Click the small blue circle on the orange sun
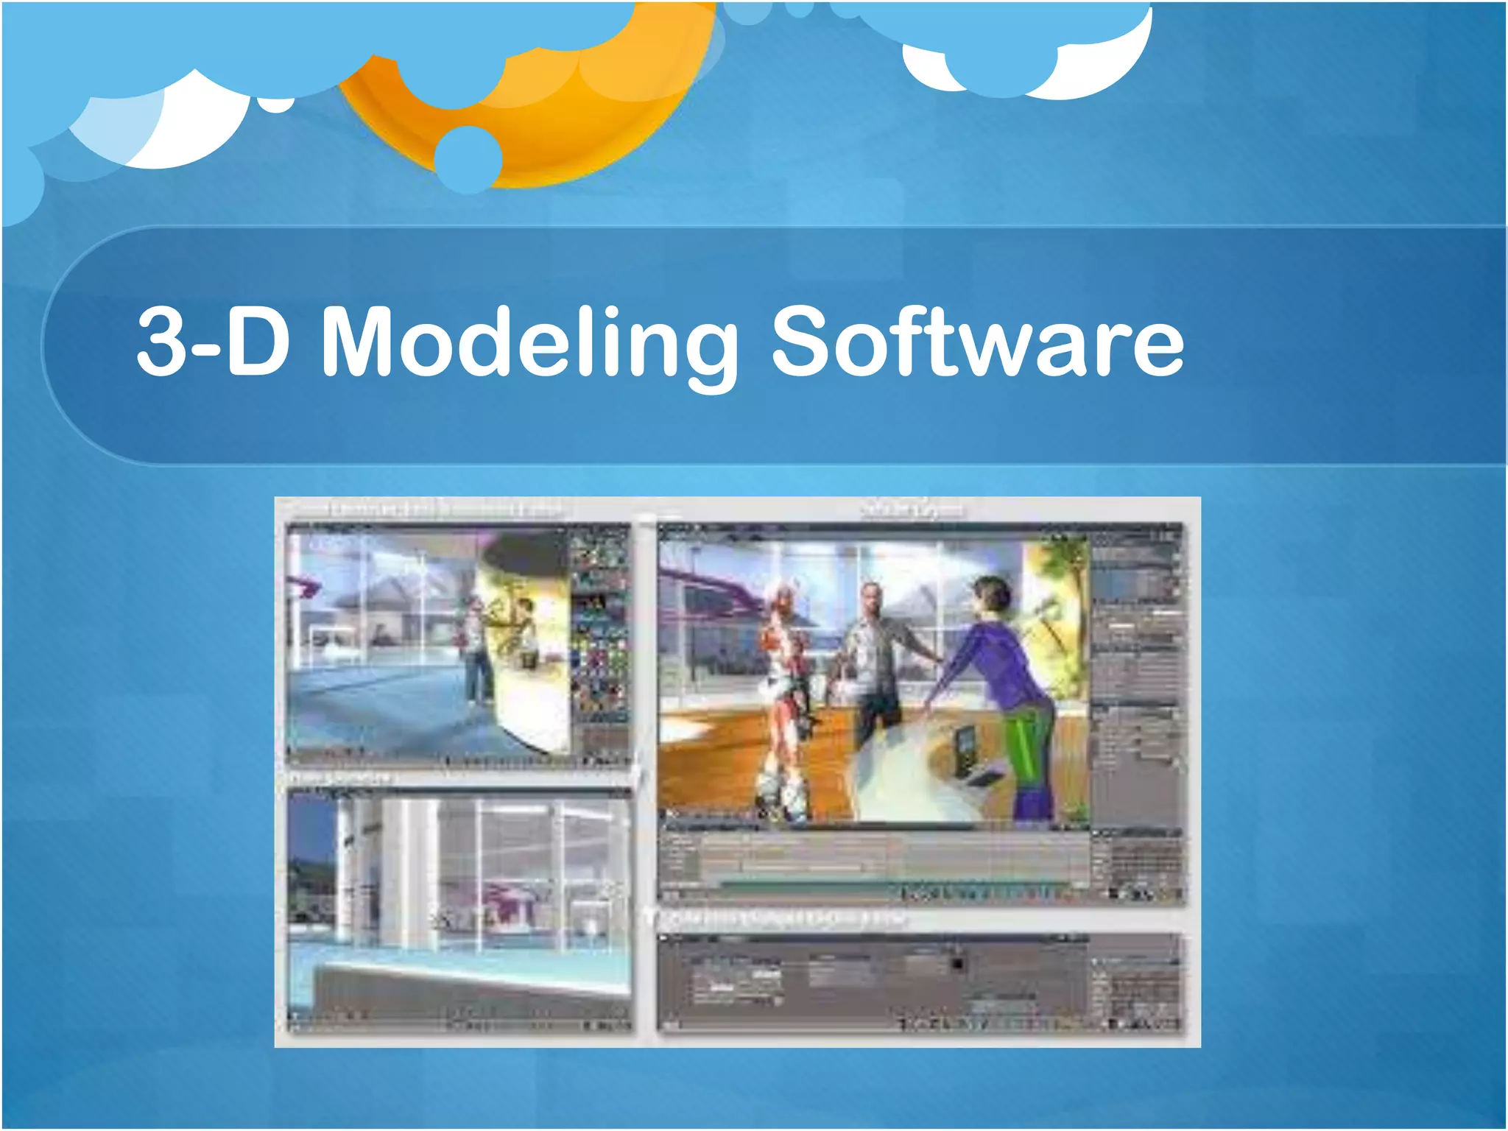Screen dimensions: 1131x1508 468,158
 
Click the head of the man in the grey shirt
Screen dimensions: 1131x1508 872,598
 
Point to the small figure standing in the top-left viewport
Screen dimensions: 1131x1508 477,648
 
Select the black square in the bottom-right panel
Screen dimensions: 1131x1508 956,964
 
